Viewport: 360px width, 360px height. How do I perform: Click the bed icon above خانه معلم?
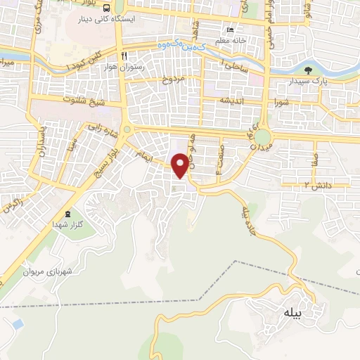pos(230,30)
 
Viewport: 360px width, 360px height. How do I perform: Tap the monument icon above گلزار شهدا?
pos(67,214)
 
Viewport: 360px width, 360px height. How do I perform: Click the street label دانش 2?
pos(297,185)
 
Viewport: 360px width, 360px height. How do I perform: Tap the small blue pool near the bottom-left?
pos(18,324)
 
